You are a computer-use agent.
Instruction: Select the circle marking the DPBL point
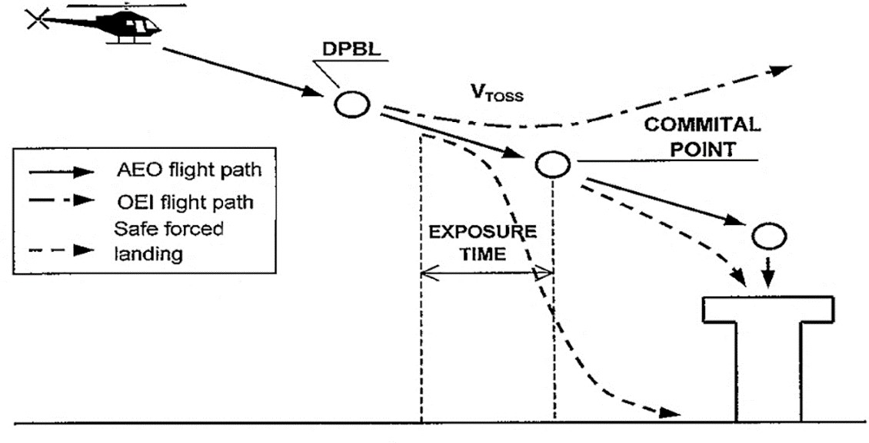coord(352,104)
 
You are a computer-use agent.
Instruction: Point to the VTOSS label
coord(497,92)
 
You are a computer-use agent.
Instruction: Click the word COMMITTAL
coord(701,124)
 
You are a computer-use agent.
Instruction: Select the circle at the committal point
coord(552,164)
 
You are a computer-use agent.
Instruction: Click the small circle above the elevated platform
coord(769,236)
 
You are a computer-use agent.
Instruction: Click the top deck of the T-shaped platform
coord(768,309)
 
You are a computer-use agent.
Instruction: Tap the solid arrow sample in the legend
coord(61,171)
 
